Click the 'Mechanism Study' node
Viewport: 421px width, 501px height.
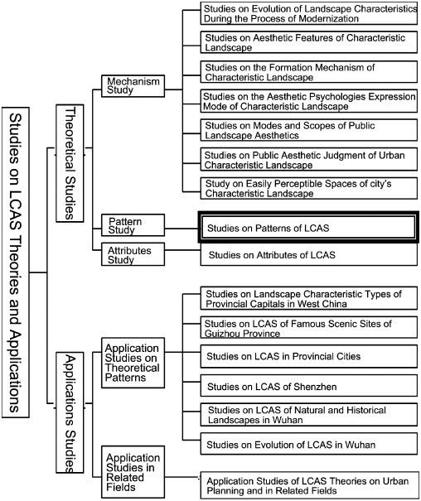[x=131, y=86]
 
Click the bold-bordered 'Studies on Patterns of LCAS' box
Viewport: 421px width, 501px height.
[x=307, y=225]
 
